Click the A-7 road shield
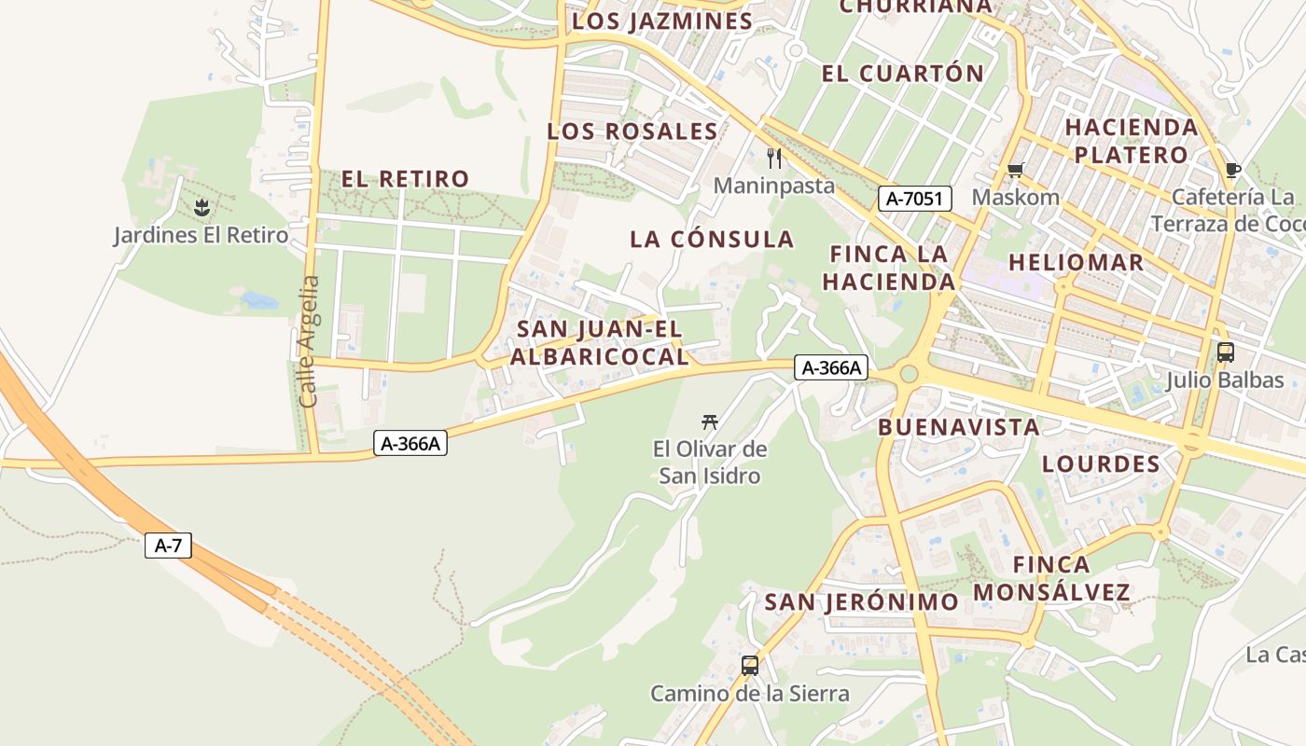tap(168, 546)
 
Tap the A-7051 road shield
tap(914, 198)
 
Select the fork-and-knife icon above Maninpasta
tap(773, 158)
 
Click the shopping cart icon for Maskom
tap(1015, 170)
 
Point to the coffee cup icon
tap(1232, 170)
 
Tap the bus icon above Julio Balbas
tap(1225, 352)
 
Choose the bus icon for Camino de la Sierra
tap(749, 666)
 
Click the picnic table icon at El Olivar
tap(710, 422)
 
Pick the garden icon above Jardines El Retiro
tap(201, 206)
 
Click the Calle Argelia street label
tap(310, 340)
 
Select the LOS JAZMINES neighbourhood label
tap(662, 21)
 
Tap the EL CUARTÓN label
tap(902, 74)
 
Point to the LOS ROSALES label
tap(632, 131)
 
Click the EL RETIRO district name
tap(405, 179)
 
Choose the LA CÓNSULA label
tap(712, 240)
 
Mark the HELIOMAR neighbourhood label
tap(1076, 263)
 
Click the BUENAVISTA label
tap(959, 427)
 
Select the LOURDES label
tap(1101, 464)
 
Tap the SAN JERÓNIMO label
tap(861, 602)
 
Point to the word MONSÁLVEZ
tap(1052, 592)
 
